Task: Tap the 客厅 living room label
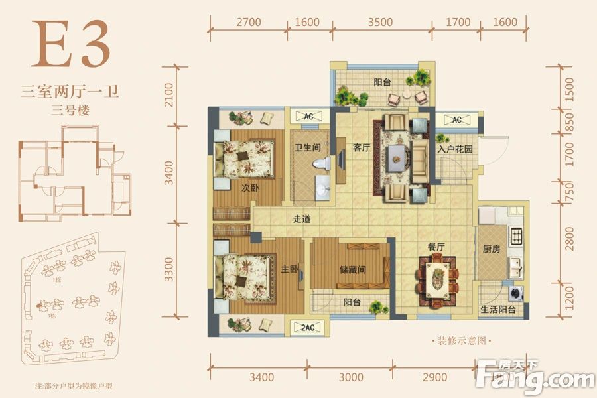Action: point(361,148)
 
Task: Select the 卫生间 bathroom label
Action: point(308,148)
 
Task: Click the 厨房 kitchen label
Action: point(491,251)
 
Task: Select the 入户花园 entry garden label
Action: point(454,149)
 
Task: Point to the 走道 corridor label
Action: point(302,218)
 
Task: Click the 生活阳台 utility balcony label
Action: point(498,310)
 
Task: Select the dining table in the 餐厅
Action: point(436,278)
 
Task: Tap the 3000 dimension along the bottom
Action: point(350,377)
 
